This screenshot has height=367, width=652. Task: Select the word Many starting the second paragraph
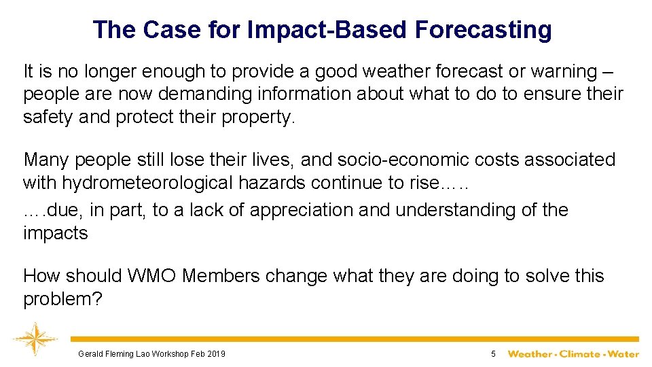pyautogui.click(x=46, y=160)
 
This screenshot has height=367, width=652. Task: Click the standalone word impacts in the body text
pyautogui.click(x=56, y=234)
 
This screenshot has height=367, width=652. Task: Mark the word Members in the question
pyautogui.click(x=221, y=276)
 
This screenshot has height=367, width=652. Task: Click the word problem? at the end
pyautogui.click(x=62, y=299)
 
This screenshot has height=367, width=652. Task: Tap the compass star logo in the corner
pyautogui.click(x=32, y=339)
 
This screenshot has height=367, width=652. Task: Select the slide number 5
pyautogui.click(x=493, y=354)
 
